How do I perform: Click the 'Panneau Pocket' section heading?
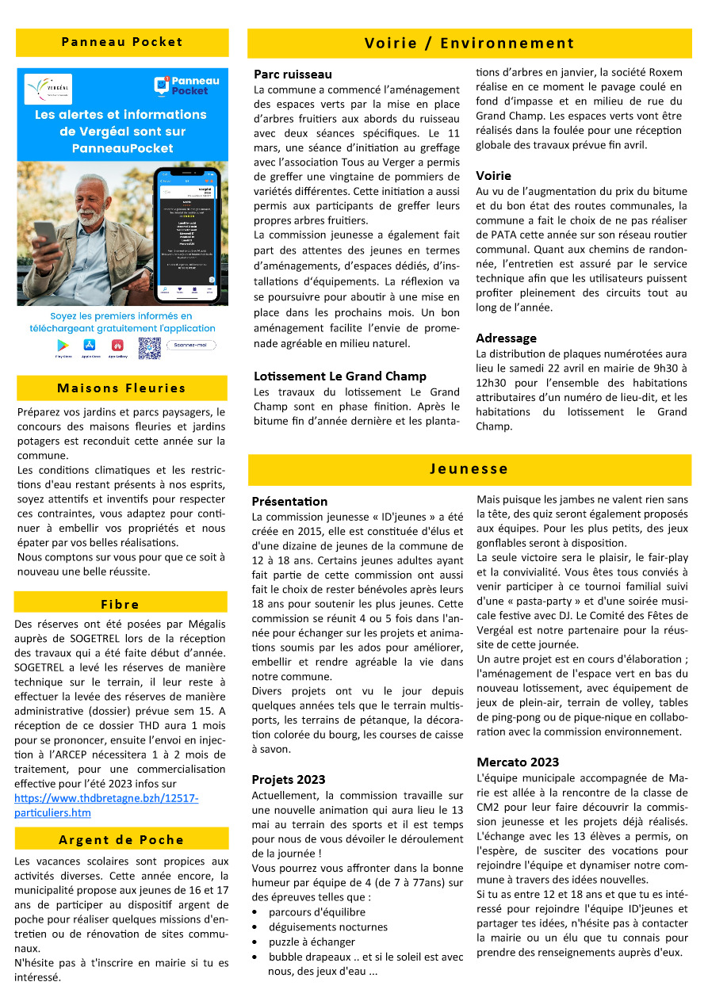click(122, 42)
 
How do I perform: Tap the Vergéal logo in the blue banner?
click(48, 89)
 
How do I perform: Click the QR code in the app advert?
click(149, 347)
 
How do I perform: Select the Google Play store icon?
click(62, 346)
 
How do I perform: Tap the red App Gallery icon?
click(117, 346)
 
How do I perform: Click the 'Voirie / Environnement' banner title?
click(469, 44)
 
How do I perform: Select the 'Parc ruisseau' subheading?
click(293, 75)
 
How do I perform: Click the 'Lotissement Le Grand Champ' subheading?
click(339, 376)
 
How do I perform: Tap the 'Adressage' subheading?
click(506, 338)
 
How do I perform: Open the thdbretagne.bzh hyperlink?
click(106, 805)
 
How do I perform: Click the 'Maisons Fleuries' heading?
click(121, 388)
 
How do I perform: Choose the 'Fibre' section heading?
click(121, 604)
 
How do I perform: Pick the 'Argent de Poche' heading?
click(121, 839)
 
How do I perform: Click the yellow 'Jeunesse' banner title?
click(469, 468)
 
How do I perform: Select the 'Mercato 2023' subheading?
click(518, 762)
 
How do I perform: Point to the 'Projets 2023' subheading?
click(288, 779)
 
